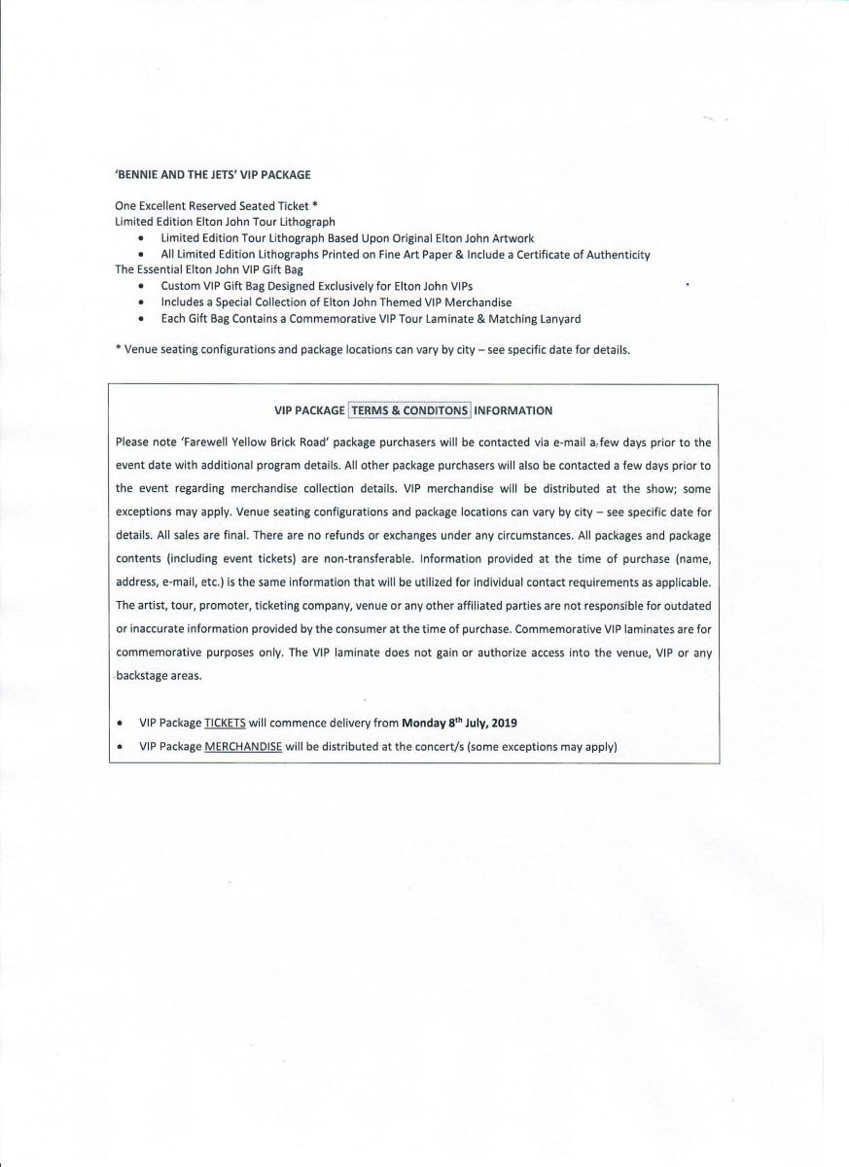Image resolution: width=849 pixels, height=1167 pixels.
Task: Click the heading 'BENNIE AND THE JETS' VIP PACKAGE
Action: tap(212, 174)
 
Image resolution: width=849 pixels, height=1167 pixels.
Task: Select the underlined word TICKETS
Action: tap(225, 724)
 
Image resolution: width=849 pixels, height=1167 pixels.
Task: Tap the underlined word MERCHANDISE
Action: tap(243, 747)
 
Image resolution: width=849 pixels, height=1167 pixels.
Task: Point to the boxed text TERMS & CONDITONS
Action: tap(409, 410)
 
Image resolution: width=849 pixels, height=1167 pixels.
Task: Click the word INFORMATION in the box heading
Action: tap(513, 410)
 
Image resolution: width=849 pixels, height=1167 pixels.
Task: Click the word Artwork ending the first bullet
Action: tap(512, 238)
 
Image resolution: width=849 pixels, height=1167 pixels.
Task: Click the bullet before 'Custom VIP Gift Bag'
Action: tap(142, 287)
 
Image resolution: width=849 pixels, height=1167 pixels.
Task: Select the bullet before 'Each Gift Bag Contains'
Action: tap(142, 319)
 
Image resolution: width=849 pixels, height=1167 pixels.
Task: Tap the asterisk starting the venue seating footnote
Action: tap(118, 349)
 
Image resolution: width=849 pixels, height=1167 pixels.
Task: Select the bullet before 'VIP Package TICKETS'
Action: tap(119, 724)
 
